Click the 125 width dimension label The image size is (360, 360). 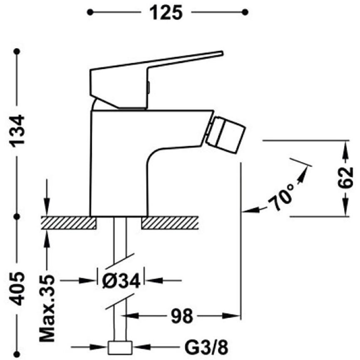click(166, 12)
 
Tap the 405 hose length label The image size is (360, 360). click(17, 288)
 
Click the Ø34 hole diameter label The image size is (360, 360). click(121, 281)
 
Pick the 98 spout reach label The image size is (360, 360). click(181, 316)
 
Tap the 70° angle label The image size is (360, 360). click(281, 197)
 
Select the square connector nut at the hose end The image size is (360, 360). click(120, 348)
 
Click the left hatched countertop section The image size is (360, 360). click(68, 223)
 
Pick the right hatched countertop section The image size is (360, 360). click(170, 223)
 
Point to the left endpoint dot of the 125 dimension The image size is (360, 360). click(90, 12)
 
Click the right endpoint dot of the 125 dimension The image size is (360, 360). click(245, 12)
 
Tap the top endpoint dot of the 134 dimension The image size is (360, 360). click(17, 52)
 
